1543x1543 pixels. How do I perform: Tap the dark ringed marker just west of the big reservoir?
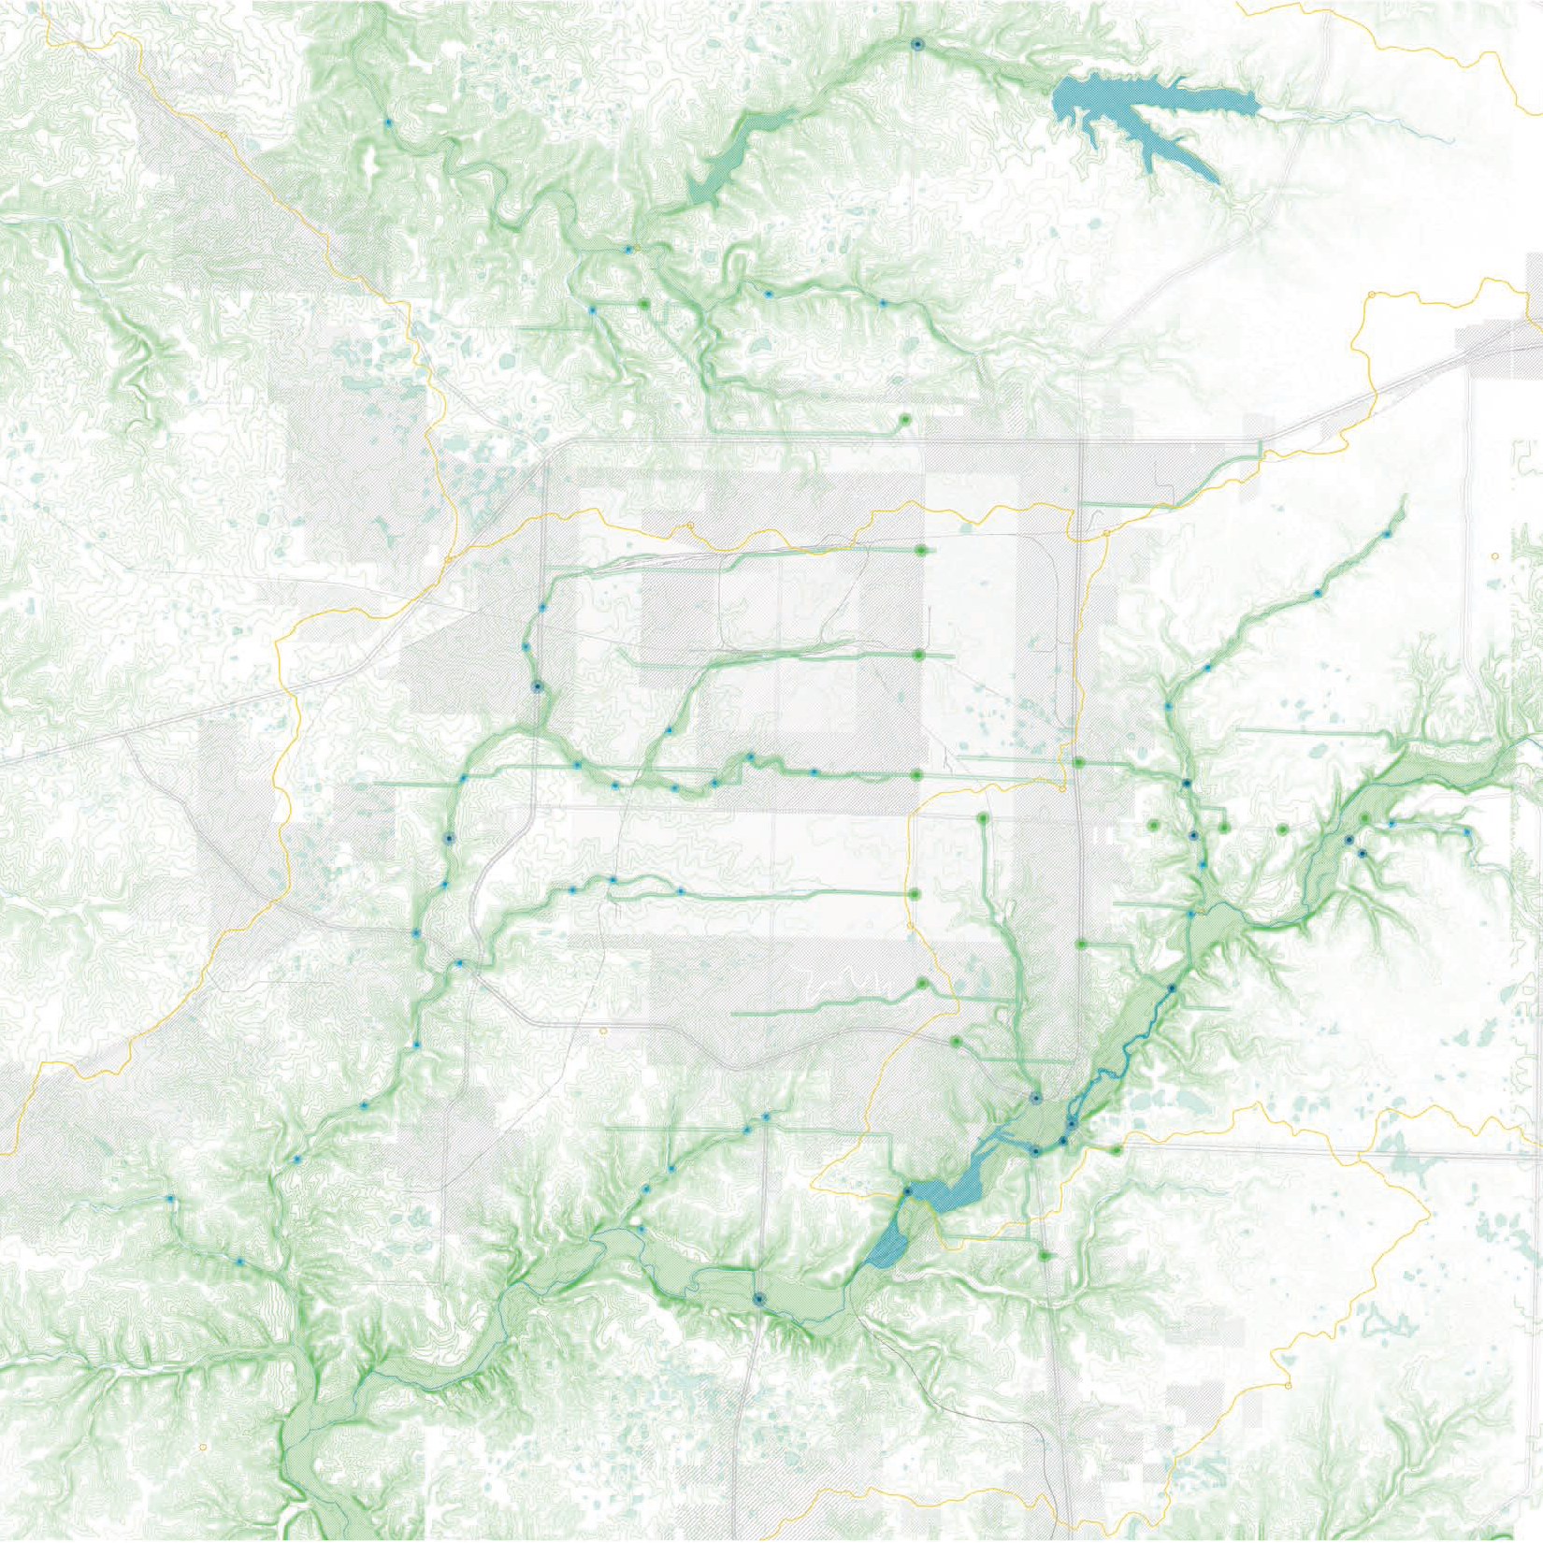917,44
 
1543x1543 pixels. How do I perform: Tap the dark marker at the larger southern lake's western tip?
906,1191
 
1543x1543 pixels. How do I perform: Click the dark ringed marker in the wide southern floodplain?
758,1298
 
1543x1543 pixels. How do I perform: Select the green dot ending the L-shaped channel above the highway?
904,420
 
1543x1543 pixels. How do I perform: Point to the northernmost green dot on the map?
644,305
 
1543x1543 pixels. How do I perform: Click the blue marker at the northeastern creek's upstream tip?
1388,533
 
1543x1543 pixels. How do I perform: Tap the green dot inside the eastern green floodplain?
1366,819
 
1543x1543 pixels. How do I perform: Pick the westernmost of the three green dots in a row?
1153,826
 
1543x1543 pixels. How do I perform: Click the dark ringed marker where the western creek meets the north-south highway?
537,686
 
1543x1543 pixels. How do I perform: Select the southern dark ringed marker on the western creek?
449,840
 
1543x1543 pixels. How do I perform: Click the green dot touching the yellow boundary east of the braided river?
1117,1149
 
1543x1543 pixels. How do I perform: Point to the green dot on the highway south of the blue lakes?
1045,1255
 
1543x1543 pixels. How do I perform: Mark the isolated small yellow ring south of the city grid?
603,1031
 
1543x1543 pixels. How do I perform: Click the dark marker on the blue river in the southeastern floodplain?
1172,988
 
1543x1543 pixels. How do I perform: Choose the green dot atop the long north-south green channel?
983,818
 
